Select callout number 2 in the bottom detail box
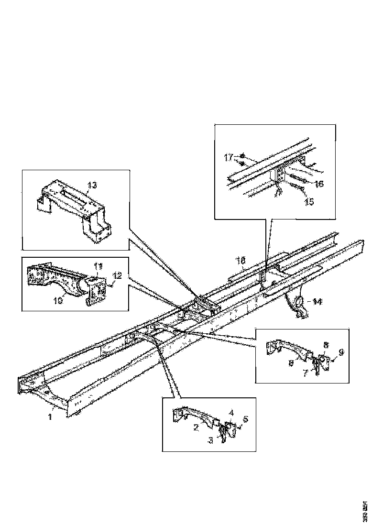pos(196,427)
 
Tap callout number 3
pos(211,439)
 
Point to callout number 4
pos(231,412)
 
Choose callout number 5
pos(246,419)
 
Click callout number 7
pos(305,372)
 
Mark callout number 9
pos(340,352)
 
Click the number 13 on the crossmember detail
pos(92,185)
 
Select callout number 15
pos(309,202)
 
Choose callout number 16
pos(319,184)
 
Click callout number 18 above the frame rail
pos(241,260)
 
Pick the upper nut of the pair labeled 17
pos(243,156)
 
